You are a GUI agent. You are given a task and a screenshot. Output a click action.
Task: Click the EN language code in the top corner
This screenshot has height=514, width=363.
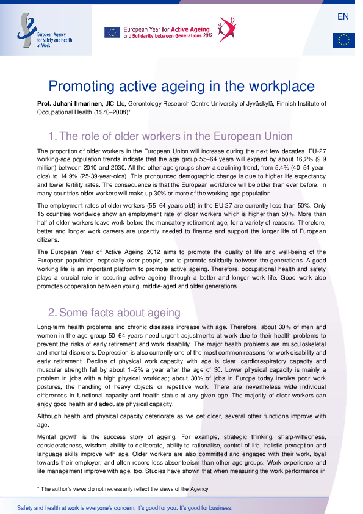(343, 16)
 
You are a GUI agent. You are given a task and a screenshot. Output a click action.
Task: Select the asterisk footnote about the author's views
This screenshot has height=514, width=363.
(123, 489)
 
